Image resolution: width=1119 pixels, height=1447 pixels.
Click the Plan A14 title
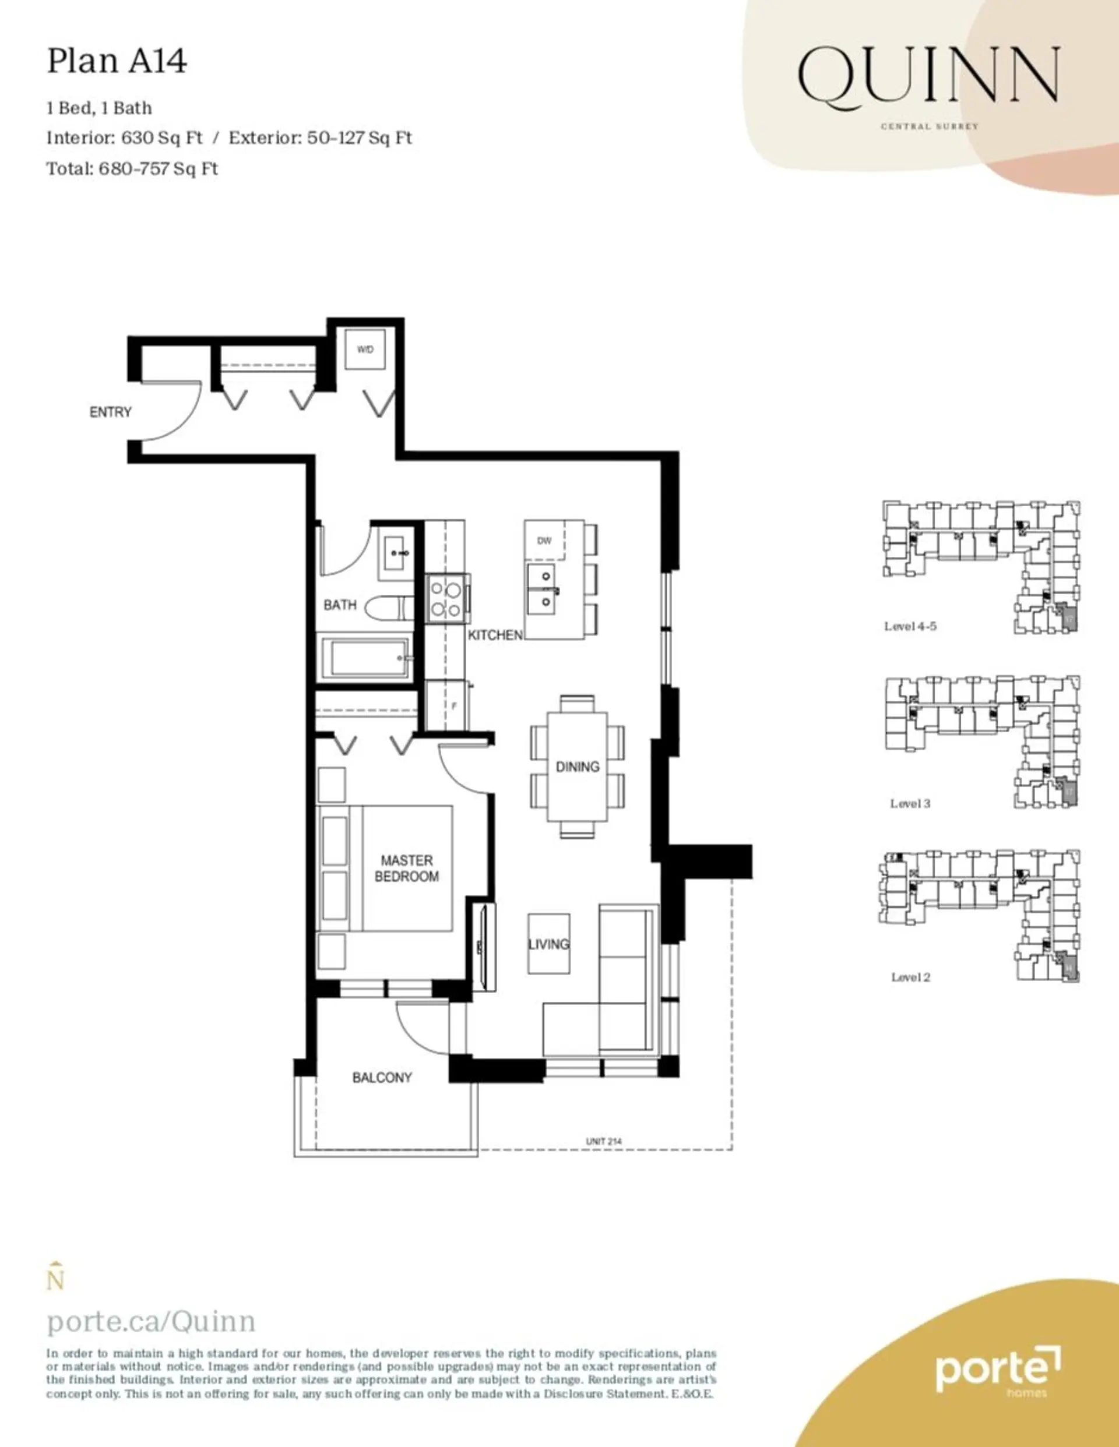117,62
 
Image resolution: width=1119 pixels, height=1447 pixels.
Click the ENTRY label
110,412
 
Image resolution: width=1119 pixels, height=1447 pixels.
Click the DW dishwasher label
544,541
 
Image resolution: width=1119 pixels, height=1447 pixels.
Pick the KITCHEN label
495,635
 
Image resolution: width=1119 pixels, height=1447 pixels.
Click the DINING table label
577,767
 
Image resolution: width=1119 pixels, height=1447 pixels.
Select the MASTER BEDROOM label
406,868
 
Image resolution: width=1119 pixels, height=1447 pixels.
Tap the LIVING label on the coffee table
548,944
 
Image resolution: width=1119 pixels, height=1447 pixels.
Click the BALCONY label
382,1077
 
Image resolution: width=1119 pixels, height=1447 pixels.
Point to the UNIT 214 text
603,1141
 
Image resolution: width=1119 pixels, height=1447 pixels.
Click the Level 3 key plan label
910,804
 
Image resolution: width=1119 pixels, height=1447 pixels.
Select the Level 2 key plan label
910,977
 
